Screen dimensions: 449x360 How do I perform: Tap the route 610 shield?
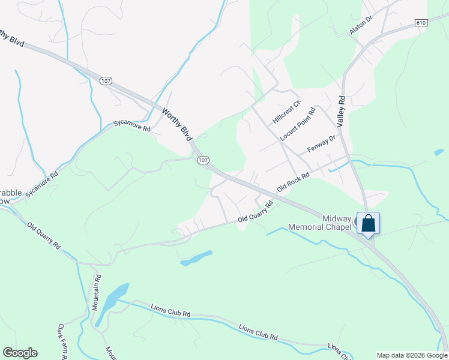click(421, 22)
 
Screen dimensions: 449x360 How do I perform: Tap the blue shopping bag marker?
click(369, 224)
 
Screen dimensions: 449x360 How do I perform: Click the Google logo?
click(20, 353)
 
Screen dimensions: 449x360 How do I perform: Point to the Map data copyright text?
click(411, 355)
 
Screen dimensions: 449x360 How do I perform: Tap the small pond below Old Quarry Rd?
click(196, 259)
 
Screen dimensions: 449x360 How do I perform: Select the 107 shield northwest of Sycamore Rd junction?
click(106, 80)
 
